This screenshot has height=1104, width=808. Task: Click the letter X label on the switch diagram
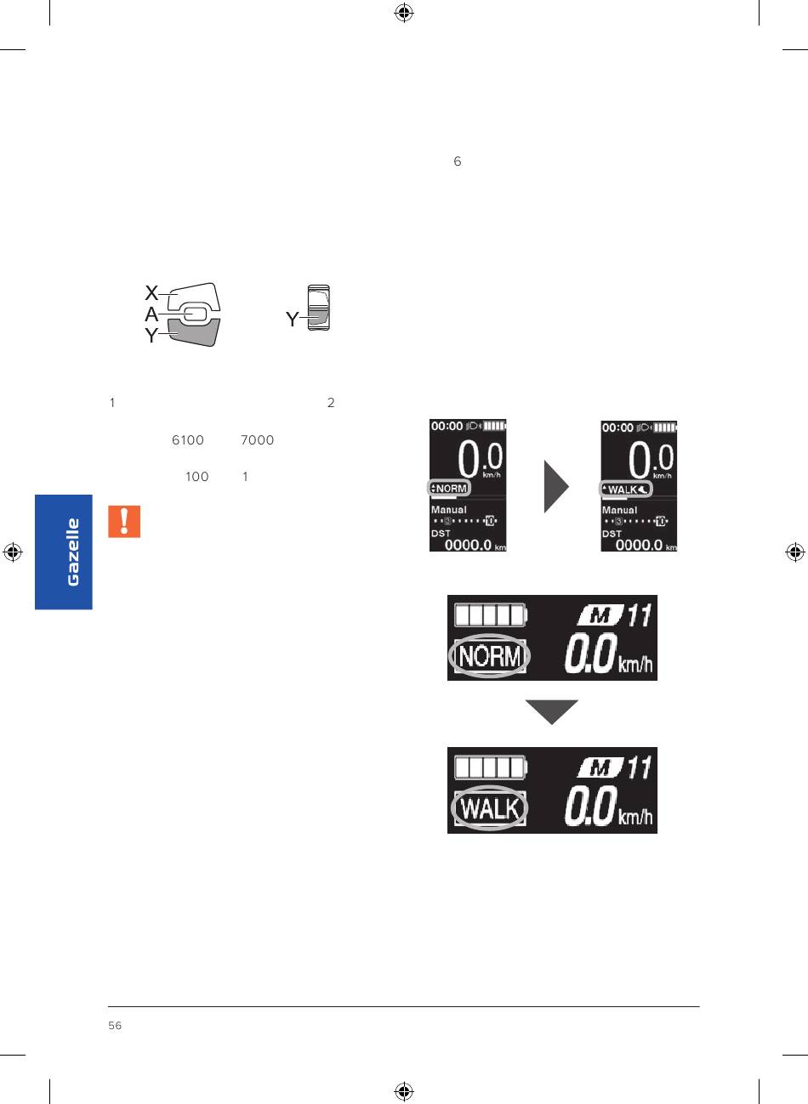click(151, 293)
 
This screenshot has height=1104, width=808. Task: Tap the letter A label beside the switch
click(151, 314)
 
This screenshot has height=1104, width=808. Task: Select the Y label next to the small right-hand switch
click(292, 320)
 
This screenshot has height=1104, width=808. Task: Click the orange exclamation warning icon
click(124, 522)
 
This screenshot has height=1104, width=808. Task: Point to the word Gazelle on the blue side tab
click(73, 552)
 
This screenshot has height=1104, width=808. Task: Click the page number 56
click(115, 1026)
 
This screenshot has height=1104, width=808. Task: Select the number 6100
click(188, 440)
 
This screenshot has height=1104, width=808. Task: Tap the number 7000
click(257, 440)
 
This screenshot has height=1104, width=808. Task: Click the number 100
click(196, 477)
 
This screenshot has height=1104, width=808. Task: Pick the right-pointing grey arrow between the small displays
click(556, 486)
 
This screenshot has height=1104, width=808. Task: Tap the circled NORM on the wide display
click(489, 656)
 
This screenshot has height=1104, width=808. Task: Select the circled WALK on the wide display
click(489, 808)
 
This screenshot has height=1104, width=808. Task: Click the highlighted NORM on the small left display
click(450, 489)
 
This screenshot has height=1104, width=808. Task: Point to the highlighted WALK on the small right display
click(626, 490)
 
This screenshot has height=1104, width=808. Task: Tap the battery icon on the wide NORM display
click(490, 614)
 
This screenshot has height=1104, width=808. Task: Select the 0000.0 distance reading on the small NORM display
click(469, 545)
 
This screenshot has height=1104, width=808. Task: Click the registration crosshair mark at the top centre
click(404, 13)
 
